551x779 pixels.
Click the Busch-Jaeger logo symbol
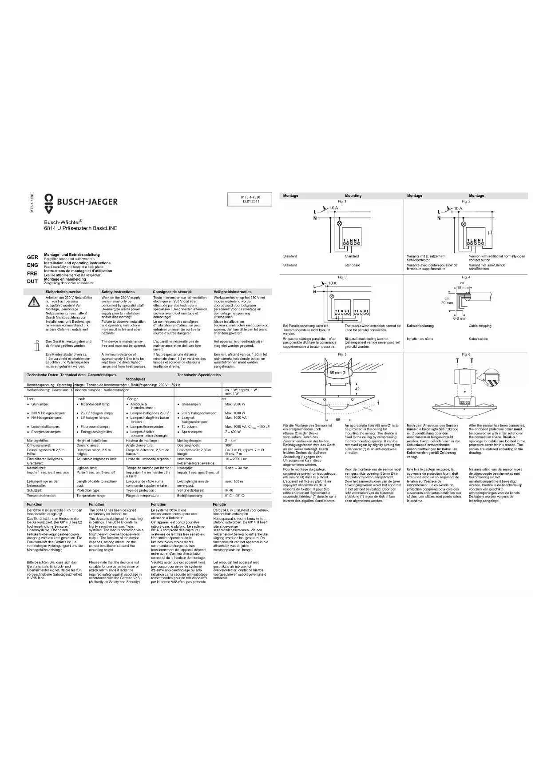tap(51, 202)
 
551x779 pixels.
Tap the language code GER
tap(32, 257)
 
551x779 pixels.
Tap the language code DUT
tap(32, 281)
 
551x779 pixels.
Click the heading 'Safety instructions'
tap(118, 292)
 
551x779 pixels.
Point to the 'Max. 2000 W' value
tap(235, 404)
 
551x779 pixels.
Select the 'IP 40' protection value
tap(229, 490)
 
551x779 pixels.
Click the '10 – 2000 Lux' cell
tap(236, 459)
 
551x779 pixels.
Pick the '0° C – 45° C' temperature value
tap(234, 495)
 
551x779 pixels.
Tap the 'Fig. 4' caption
tap(466, 277)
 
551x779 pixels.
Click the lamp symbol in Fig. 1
tap(341, 224)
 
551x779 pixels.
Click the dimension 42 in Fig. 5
tap(357, 389)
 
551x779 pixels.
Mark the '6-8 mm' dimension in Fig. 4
tap(460, 318)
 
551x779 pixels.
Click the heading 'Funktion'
tap(35, 505)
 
